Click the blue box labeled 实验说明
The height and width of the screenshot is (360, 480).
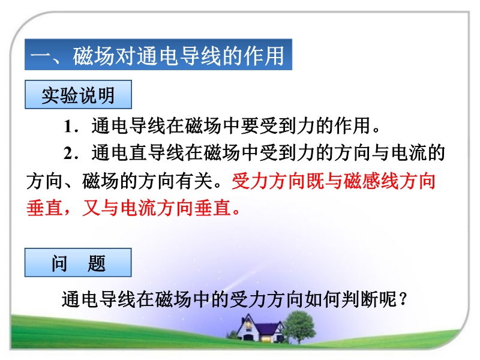[x=78, y=95]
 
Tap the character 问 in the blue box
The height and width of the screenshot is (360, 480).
[x=59, y=263]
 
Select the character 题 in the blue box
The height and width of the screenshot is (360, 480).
[x=97, y=263]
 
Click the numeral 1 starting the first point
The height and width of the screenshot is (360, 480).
[x=68, y=127]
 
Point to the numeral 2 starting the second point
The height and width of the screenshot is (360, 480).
[x=68, y=154]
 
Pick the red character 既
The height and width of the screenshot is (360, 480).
[x=315, y=181]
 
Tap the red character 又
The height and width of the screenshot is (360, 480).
[x=91, y=208]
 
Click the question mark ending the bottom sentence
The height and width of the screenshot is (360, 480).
[x=403, y=299]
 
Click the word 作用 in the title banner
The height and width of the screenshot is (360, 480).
[x=264, y=55]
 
